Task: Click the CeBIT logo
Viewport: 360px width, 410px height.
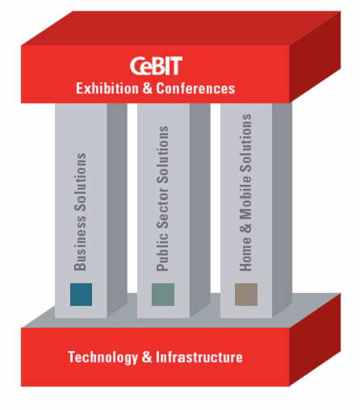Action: click(x=156, y=66)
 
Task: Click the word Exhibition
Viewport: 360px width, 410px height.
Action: click(x=107, y=89)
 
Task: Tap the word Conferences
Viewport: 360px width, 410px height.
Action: click(x=195, y=89)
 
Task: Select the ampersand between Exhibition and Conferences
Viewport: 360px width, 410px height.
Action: click(x=147, y=89)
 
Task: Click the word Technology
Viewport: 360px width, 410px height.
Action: click(x=103, y=358)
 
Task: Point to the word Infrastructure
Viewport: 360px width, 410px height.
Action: click(x=199, y=358)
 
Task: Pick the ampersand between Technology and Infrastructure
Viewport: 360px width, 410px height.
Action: click(x=147, y=358)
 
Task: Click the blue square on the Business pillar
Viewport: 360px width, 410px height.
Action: click(x=81, y=295)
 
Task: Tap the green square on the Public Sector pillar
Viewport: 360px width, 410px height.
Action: click(x=163, y=295)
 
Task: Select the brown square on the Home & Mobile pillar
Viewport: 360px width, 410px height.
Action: click(x=246, y=295)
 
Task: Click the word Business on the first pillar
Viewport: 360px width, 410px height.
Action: click(x=80, y=243)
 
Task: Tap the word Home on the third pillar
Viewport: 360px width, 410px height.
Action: click(x=245, y=253)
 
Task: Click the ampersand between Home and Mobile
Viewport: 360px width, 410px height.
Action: click(x=245, y=228)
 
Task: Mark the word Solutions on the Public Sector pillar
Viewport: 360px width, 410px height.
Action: click(x=162, y=155)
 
